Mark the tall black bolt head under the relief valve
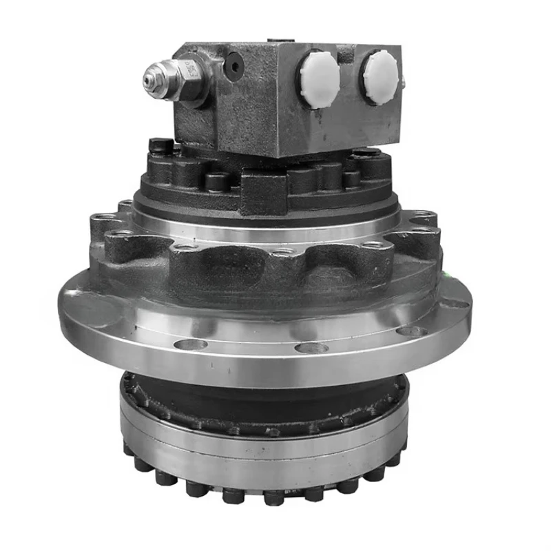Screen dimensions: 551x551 click(161, 147)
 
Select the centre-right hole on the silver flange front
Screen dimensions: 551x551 click(311, 346)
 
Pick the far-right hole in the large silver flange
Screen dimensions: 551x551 click(456, 302)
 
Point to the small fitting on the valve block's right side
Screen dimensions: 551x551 click(404, 85)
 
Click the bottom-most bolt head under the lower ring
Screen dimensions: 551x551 click(273, 496)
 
